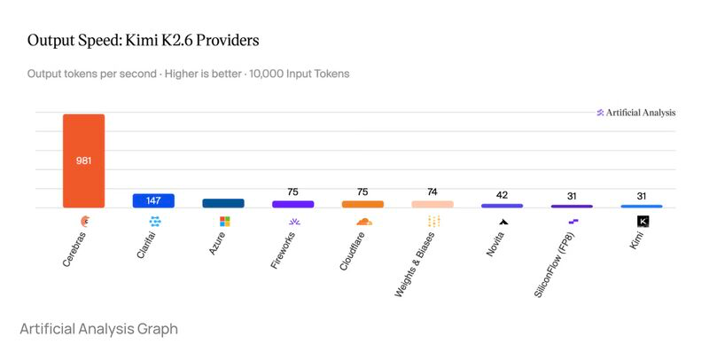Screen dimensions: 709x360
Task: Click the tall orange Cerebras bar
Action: (83, 160)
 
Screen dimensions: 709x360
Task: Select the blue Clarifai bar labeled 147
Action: (153, 200)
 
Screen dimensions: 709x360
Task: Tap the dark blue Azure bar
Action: (223, 203)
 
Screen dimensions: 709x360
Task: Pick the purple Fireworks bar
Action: (293, 204)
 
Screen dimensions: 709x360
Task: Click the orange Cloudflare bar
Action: (362, 204)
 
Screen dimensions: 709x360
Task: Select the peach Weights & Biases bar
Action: (432, 204)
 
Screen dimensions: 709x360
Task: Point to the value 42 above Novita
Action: (502, 195)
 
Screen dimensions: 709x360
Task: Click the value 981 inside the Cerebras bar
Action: (83, 160)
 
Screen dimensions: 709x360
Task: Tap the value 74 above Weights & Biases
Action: (432, 192)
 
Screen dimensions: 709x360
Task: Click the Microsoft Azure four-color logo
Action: (225, 221)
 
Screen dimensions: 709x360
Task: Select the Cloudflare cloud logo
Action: (364, 221)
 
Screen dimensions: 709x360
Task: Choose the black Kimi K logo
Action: (643, 221)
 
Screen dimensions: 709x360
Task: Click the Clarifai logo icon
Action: (155, 221)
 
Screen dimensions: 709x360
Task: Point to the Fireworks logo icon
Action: (294, 222)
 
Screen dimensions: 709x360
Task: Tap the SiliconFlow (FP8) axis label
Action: (554, 265)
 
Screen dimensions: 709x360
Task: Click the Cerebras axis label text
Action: (74, 249)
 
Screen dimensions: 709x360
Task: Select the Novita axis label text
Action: (495, 244)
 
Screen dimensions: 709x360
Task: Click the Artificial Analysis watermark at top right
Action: (636, 113)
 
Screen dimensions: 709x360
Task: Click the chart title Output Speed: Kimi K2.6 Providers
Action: (144, 40)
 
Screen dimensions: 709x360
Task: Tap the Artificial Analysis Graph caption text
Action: (99, 329)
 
